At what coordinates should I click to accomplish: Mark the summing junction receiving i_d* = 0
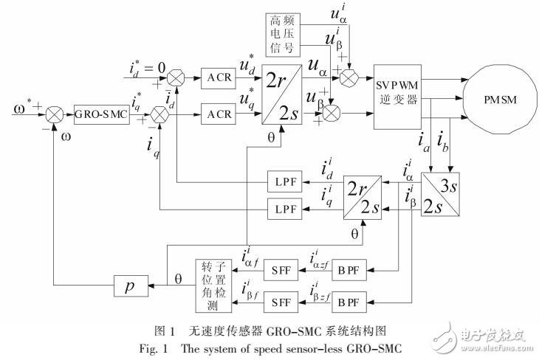click(x=176, y=76)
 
